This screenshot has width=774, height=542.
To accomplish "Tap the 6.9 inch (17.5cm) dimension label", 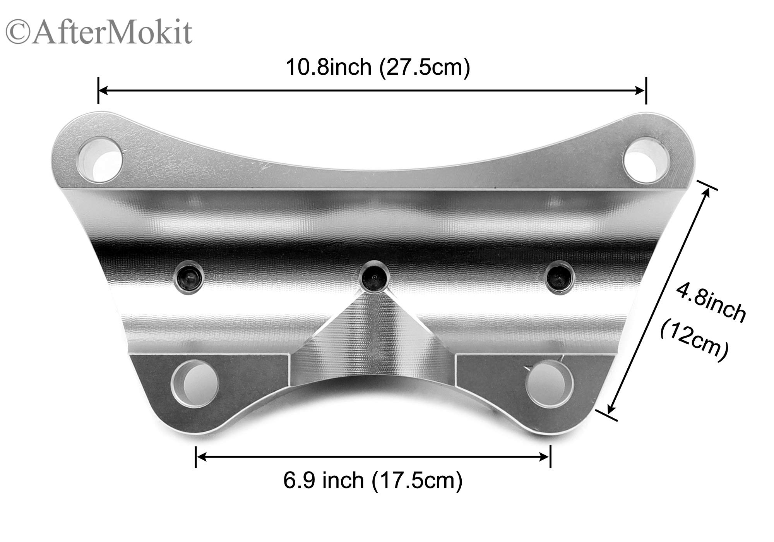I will pyautogui.click(x=373, y=481).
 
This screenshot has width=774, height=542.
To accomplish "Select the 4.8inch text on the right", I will pyautogui.click(x=710, y=302).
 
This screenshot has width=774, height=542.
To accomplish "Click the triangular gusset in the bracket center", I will pyautogui.click(x=372, y=329).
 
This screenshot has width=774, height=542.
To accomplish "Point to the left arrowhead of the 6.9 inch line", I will pyautogui.click(x=202, y=457).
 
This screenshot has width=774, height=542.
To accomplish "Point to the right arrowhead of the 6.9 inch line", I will pyautogui.click(x=545, y=457).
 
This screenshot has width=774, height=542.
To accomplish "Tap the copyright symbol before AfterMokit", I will pyautogui.click(x=18, y=33).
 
